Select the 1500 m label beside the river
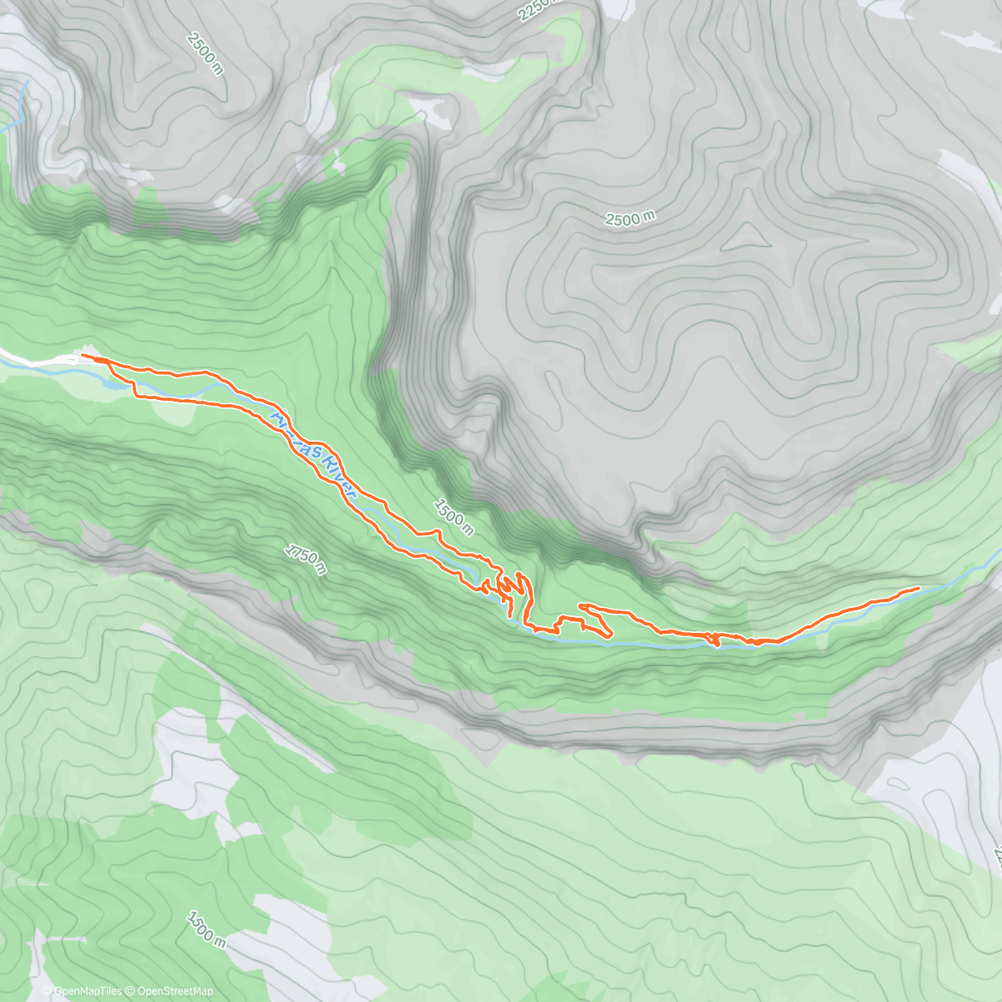[453, 517]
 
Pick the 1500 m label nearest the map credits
[205, 927]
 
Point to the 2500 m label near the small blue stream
[205, 53]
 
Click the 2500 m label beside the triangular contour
[630, 219]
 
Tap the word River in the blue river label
[342, 473]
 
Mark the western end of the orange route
[82, 355]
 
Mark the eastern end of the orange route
[918, 588]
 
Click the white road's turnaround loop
[70, 360]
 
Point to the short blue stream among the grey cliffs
[22, 104]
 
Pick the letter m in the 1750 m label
[321, 569]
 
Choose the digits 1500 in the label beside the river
[448, 512]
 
